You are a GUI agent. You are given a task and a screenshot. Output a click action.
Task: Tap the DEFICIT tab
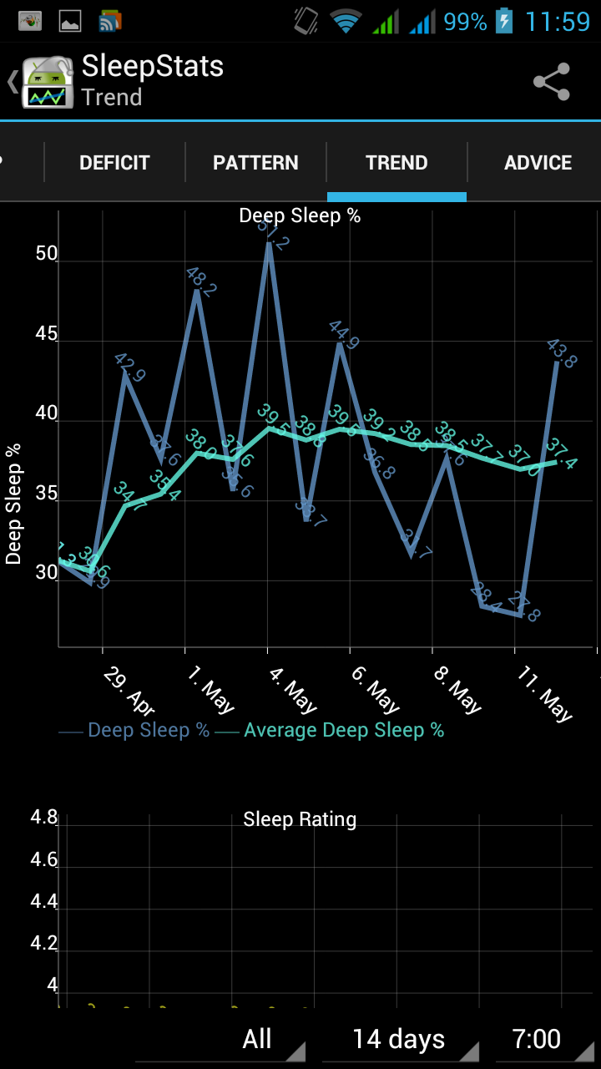coord(114,163)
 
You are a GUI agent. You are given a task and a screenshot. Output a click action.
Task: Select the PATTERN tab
coord(255,163)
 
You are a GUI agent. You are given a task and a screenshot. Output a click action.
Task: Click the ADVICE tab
coord(538,163)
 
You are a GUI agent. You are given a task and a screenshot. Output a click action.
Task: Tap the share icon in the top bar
coord(551,82)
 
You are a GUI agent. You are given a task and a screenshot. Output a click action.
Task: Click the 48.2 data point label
coord(201,281)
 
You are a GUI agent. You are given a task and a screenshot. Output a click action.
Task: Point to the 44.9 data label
coord(344,334)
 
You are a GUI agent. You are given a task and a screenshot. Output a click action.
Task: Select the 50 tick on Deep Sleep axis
coord(47,254)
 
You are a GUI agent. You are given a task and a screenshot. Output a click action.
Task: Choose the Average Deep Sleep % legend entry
coord(343,731)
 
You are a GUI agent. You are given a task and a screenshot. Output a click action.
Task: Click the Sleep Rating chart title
coord(300,819)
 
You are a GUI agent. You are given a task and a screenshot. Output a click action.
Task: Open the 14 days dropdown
coord(399,1040)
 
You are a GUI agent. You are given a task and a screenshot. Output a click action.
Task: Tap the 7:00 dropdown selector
coord(536,1040)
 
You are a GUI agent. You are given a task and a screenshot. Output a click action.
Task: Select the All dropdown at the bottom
coord(257,1040)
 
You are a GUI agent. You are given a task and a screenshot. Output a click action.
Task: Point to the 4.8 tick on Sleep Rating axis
coord(44,818)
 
